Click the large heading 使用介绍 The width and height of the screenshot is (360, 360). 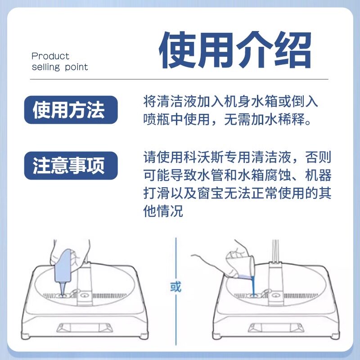click(x=235, y=50)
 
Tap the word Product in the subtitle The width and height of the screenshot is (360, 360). click(x=50, y=56)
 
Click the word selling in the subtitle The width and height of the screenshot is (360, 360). click(x=46, y=67)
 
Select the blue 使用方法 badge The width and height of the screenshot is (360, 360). click(x=71, y=110)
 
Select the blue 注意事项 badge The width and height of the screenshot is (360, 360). click(x=71, y=166)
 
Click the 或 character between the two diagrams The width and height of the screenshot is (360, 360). click(x=175, y=287)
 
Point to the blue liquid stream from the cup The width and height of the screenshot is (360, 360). click(x=253, y=286)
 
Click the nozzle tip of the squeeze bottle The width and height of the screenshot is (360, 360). click(x=62, y=295)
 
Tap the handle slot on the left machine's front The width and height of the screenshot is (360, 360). click(x=85, y=328)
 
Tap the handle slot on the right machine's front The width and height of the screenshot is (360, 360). click(x=276, y=328)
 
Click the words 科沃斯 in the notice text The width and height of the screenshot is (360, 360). click(x=203, y=157)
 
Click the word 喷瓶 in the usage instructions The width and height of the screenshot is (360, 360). click(x=157, y=119)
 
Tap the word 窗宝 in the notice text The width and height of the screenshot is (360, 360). click(x=211, y=193)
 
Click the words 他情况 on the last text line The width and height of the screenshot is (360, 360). click(x=163, y=211)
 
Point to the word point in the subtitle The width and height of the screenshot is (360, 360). click(x=76, y=67)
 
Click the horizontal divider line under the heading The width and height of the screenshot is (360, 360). click(x=179, y=79)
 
